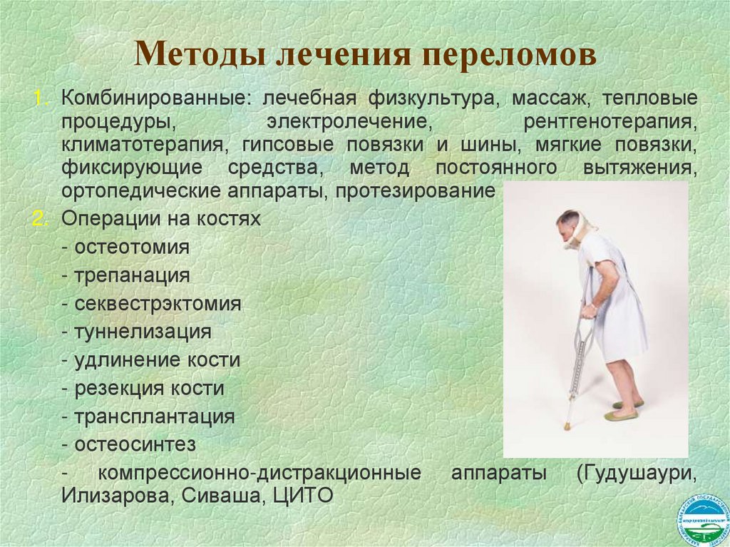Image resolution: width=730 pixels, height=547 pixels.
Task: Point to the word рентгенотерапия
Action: (610, 121)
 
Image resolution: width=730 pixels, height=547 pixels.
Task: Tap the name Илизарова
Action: (113, 496)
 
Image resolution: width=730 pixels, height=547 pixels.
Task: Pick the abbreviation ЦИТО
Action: (303, 496)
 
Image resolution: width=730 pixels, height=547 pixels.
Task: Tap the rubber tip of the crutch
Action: (567, 427)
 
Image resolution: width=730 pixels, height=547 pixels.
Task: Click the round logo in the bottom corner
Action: (701, 518)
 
